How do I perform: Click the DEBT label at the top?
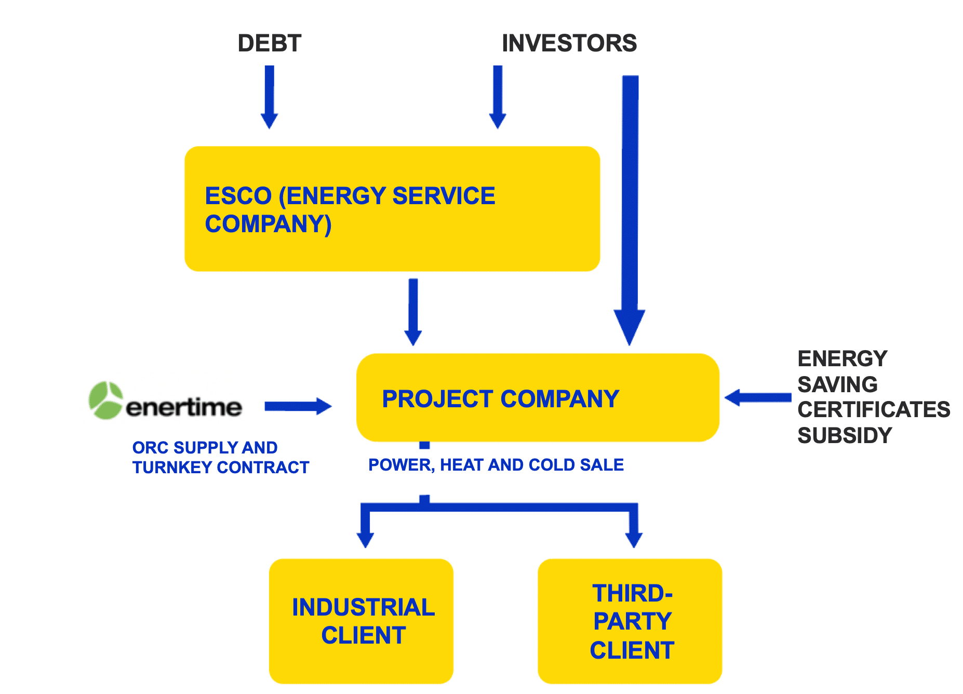(x=269, y=43)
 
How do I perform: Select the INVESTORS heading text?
(x=569, y=43)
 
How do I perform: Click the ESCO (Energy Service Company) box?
(x=392, y=209)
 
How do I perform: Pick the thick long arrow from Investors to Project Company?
(x=630, y=208)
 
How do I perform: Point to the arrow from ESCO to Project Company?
(x=413, y=312)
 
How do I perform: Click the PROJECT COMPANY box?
(x=538, y=398)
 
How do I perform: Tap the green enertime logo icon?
(x=105, y=401)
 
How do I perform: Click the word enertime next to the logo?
(x=184, y=407)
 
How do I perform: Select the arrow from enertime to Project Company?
(x=298, y=406)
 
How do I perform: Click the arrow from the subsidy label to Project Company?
(x=758, y=398)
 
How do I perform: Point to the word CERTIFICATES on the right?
(x=874, y=410)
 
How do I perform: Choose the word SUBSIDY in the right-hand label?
(x=845, y=435)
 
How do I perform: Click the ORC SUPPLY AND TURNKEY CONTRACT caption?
(x=220, y=457)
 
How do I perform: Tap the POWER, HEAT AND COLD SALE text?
(x=496, y=465)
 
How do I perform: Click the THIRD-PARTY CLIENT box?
(x=630, y=621)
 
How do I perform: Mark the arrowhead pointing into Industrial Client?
(x=365, y=538)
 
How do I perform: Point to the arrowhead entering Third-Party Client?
(x=634, y=538)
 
